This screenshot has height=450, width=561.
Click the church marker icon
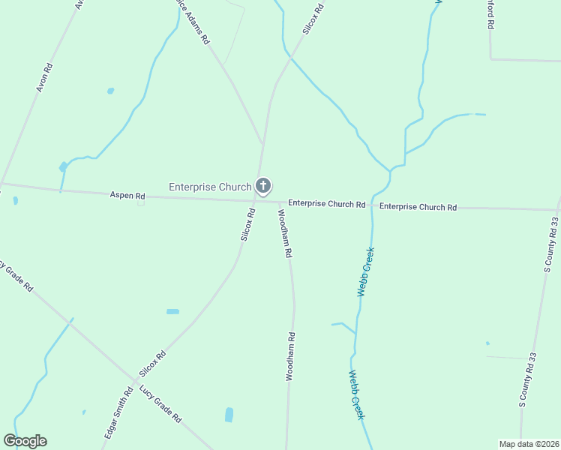point(262,185)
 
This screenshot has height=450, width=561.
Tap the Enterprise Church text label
point(210,187)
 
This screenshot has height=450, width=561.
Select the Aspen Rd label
point(127,195)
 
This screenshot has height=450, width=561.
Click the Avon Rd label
point(45,77)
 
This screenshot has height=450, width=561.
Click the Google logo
point(25,441)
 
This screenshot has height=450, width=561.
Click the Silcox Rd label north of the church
point(313,19)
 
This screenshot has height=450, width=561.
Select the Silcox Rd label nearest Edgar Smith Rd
point(151,364)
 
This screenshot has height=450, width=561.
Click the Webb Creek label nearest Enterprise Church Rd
point(365,271)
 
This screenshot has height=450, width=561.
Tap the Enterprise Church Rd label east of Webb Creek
point(418,206)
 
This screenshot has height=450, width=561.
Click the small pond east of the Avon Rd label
point(110,91)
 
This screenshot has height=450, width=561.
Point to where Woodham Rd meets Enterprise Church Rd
point(280,202)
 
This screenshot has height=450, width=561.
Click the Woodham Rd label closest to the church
point(284,233)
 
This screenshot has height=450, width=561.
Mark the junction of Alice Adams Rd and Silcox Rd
point(262,142)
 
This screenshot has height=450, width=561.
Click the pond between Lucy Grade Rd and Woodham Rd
point(229,415)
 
